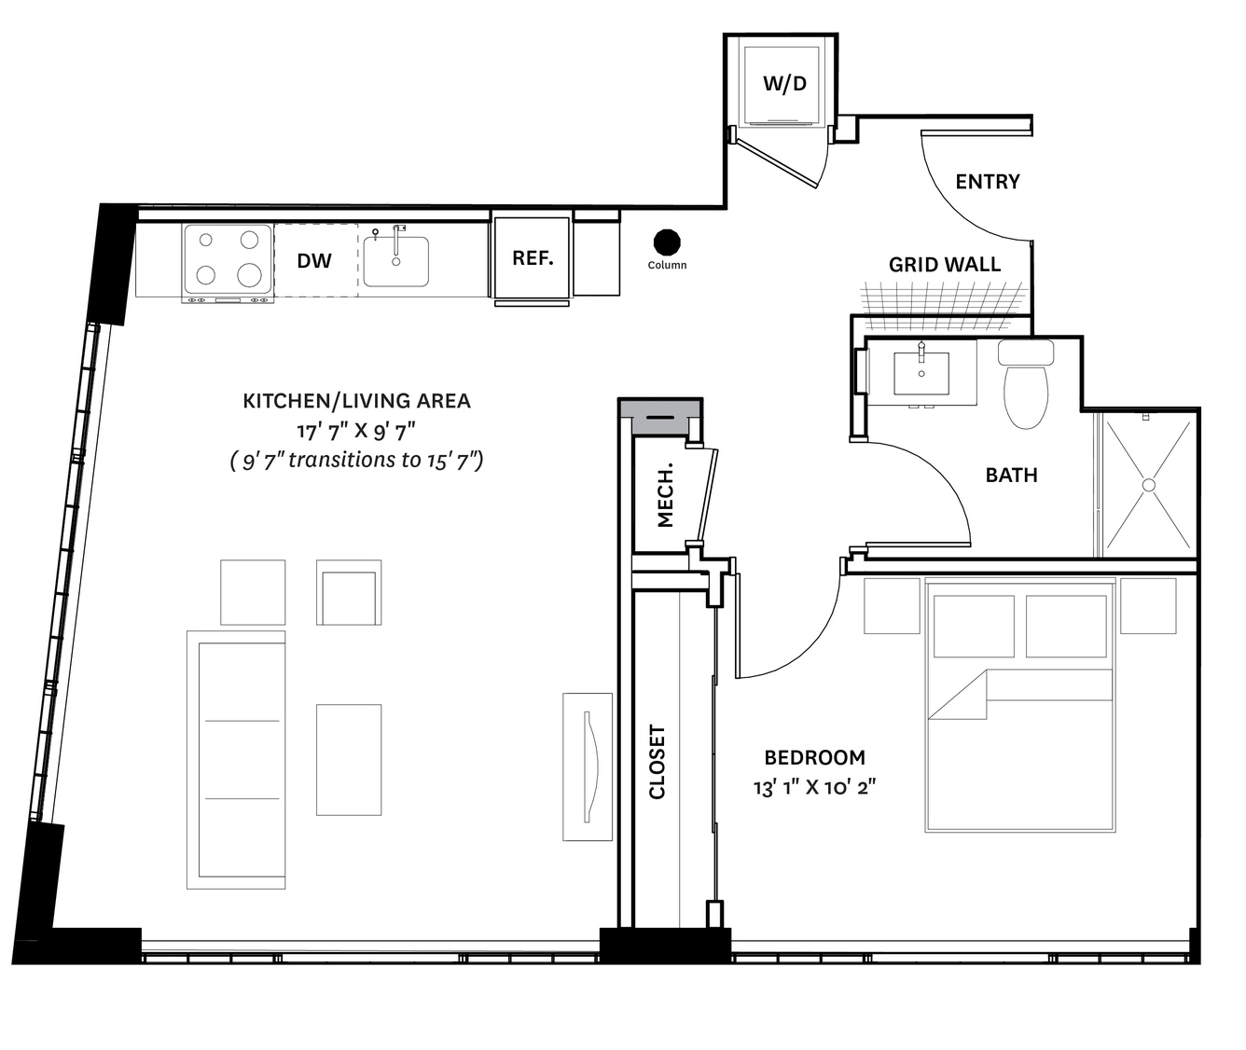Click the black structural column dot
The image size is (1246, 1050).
[667, 242]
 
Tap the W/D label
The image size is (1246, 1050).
[784, 84]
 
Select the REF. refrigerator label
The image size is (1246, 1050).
[533, 257]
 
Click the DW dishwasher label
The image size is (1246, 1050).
[314, 261]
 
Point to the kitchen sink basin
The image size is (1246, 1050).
[395, 261]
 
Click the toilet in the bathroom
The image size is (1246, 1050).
[1026, 385]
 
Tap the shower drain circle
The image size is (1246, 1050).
[1149, 485]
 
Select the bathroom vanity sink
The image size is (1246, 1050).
[921, 373]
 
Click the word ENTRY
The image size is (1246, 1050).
[988, 181]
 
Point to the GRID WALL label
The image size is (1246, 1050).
[945, 264]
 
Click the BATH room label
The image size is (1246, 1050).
[1012, 475]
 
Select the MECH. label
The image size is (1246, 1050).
[665, 494]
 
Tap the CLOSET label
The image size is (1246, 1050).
[657, 762]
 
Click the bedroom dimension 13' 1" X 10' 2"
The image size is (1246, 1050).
[814, 788]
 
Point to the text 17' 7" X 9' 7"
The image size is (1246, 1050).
[356, 430]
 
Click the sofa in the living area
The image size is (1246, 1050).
[236, 760]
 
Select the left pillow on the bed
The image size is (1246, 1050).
[974, 627]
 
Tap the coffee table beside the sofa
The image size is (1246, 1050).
[349, 759]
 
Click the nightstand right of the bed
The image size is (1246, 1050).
[1148, 605]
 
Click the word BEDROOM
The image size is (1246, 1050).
[814, 758]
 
